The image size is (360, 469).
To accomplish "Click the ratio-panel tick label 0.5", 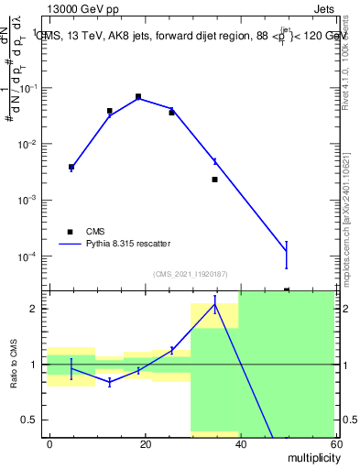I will coord(30,420).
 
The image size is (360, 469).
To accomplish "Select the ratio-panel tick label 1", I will coord(34,365).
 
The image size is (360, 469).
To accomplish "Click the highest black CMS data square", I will coord(138,96).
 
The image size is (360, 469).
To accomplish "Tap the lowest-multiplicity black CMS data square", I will coord(71,167).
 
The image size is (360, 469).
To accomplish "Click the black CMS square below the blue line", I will coord(214,180).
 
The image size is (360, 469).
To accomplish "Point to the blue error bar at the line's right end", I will coord(287,254).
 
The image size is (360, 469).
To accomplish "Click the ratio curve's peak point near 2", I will coord(214,305).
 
